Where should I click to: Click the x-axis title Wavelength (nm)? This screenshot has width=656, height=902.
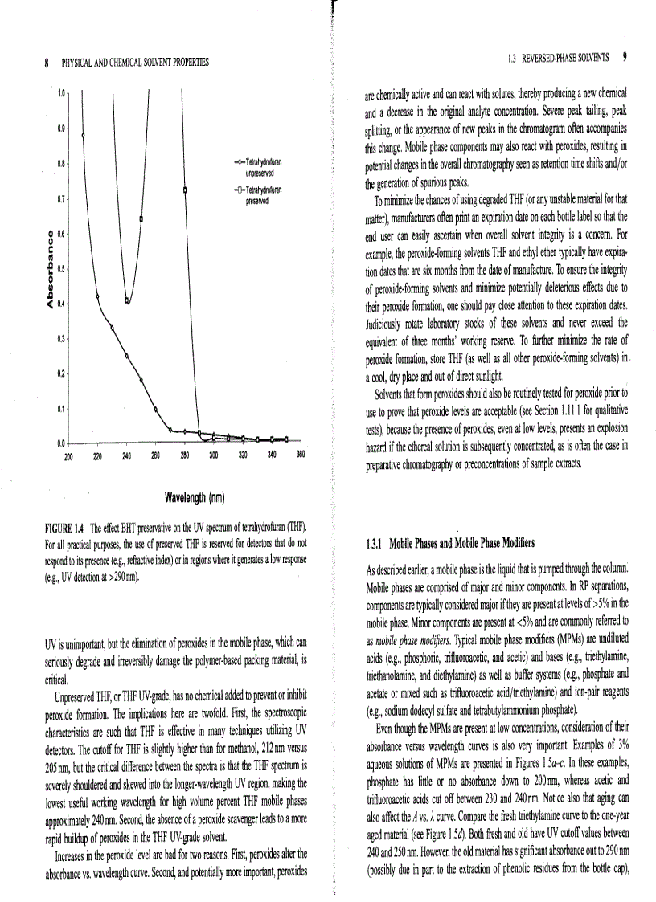pos(194,498)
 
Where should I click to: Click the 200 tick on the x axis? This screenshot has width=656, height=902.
pos(69,454)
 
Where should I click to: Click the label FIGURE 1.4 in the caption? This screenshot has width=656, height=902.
pos(64,527)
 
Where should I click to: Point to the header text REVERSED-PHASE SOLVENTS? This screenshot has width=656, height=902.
pos(565,57)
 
